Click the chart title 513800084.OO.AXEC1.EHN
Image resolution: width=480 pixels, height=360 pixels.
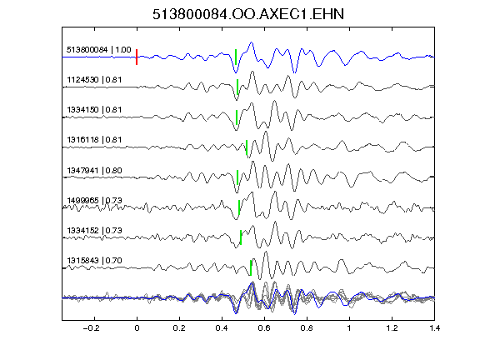pyautogui.click(x=248, y=14)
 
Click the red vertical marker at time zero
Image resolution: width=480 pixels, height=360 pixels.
pyautogui.click(x=137, y=57)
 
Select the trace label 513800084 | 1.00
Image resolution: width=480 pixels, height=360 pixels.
pyautogui.click(x=99, y=50)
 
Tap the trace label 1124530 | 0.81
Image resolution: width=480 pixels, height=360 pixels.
pyautogui.click(x=94, y=80)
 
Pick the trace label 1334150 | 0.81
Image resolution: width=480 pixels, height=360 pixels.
pyautogui.click(x=94, y=110)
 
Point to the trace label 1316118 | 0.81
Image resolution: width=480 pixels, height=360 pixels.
pyautogui.click(x=94, y=140)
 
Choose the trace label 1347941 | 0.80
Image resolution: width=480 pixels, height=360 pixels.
pyautogui.click(x=94, y=170)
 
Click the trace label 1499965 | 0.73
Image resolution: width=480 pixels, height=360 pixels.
pyautogui.click(x=94, y=201)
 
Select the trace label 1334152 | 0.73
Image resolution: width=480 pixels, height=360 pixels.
pyautogui.click(x=94, y=231)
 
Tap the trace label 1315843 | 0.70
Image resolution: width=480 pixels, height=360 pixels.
pyautogui.click(x=94, y=261)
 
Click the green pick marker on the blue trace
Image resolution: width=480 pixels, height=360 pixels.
pyautogui.click(x=236, y=57)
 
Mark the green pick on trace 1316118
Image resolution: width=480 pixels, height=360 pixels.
pyautogui.click(x=247, y=147)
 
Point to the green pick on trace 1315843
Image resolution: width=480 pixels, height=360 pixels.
pyautogui.click(x=251, y=267)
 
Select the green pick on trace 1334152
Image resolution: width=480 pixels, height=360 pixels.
pyautogui.click(x=241, y=237)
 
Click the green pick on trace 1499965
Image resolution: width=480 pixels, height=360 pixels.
pyautogui.click(x=239, y=207)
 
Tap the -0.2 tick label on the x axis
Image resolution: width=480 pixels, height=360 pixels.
pyautogui.click(x=92, y=328)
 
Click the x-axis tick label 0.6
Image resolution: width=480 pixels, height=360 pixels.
pyautogui.click(x=264, y=328)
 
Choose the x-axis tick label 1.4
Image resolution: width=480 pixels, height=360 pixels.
pyautogui.click(x=434, y=328)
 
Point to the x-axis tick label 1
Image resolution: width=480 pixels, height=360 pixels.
pyautogui.click(x=349, y=328)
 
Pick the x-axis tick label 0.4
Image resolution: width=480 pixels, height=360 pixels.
pyautogui.click(x=222, y=328)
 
